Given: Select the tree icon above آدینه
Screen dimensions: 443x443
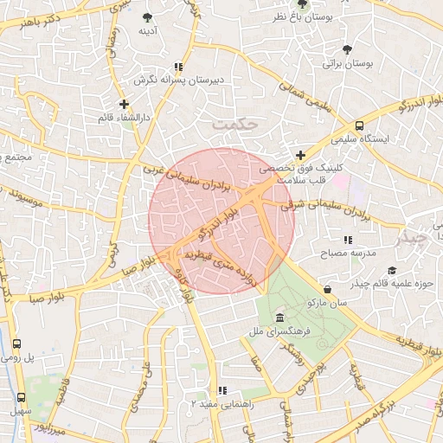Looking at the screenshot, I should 148,16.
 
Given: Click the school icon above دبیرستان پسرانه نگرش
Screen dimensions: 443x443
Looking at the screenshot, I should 178,66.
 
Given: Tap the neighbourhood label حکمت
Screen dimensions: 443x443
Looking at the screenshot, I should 235,125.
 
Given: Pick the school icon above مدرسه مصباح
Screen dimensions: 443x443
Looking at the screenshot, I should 348,240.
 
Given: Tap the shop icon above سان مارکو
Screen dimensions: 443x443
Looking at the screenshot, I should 327,289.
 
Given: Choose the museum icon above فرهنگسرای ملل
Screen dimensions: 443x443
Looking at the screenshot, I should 279,317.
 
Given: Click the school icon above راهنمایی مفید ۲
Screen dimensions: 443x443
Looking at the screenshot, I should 222,390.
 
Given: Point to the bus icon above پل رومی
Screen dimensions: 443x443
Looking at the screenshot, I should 20,343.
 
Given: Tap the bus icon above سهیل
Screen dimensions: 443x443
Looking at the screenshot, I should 20,397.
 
